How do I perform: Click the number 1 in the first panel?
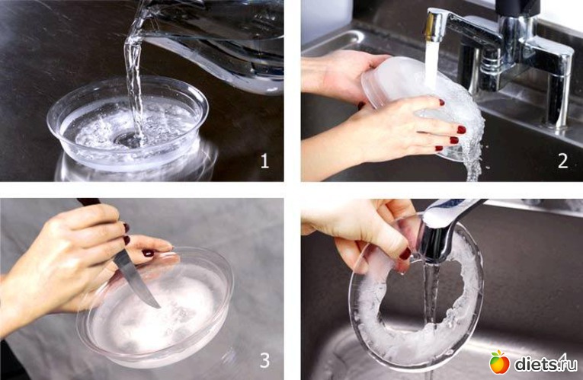point(264,161)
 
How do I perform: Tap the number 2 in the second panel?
point(563,161)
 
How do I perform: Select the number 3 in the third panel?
point(264,360)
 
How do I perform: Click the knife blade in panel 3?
point(136,279)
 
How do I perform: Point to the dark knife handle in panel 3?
point(88,201)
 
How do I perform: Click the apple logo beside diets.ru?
point(499,362)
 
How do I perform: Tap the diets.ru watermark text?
point(546,363)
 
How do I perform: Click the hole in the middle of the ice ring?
point(420,293)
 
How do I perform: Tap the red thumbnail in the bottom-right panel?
point(405,254)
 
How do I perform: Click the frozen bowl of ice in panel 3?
point(155,308)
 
